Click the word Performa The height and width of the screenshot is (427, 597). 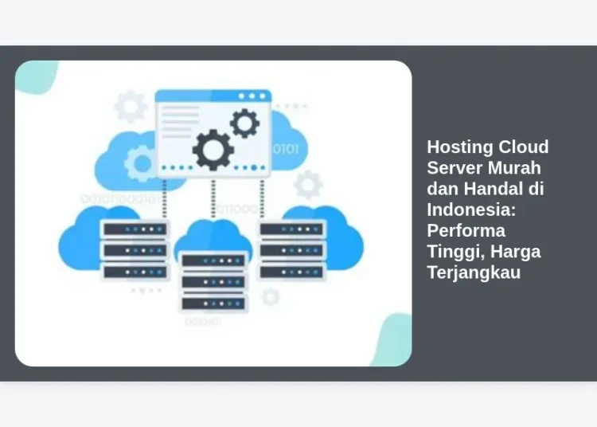466,230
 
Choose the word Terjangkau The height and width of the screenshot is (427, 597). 474,272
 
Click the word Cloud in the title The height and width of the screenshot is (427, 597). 523,147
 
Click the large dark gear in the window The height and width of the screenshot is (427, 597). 213,149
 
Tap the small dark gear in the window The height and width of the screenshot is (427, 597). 244,123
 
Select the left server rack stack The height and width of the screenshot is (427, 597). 135,250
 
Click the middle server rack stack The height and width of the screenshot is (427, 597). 213,281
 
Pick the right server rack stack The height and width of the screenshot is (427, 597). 292,250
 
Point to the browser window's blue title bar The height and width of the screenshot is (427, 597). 213,96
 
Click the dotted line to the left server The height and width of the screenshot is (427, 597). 165,198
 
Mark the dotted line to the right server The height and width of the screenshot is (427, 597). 262,198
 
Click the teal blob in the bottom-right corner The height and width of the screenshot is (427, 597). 392,343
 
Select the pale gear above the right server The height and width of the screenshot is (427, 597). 307,185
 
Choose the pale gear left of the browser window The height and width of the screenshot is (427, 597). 130,106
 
